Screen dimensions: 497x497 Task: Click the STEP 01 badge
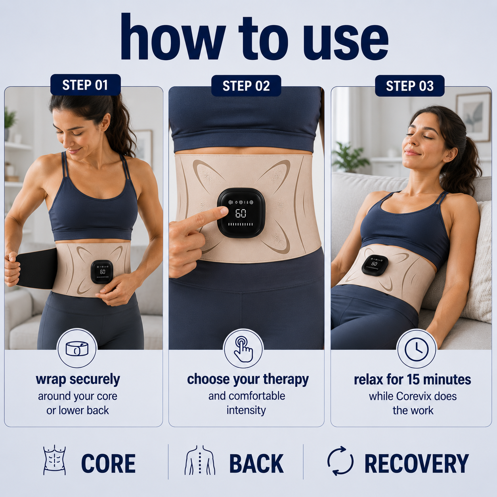click(x=85, y=85)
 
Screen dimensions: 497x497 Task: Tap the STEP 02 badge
click(x=246, y=86)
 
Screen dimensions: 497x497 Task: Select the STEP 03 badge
click(x=409, y=86)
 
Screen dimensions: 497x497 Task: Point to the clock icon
click(x=417, y=349)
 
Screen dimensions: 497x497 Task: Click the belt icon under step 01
click(x=77, y=348)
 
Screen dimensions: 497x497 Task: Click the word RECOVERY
click(x=417, y=463)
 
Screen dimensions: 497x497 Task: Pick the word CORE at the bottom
click(x=108, y=463)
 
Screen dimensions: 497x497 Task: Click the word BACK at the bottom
click(x=256, y=463)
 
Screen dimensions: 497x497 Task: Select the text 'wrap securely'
click(x=78, y=380)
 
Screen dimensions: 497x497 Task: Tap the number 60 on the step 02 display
click(x=241, y=213)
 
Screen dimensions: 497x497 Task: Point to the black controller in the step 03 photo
click(x=375, y=265)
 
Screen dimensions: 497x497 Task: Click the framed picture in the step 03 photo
click(x=474, y=117)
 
